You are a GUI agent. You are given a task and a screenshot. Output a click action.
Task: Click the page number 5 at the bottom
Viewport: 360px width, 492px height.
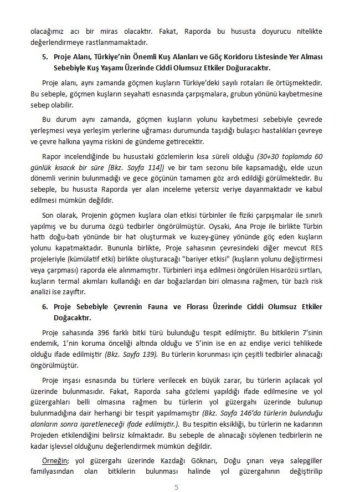176,488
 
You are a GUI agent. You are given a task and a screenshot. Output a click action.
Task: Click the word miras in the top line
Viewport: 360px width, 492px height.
111,32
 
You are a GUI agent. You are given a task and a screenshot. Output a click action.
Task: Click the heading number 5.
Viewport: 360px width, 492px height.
45,58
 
